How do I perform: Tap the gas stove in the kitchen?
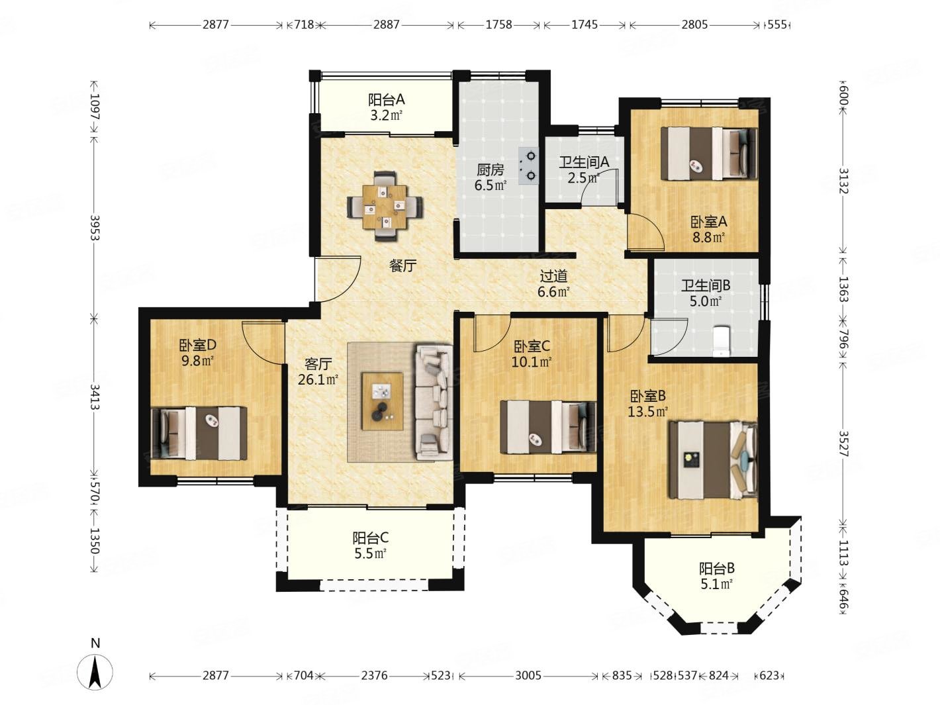point(527,165)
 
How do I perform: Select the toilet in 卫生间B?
point(720,341)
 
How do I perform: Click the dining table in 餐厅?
point(384,207)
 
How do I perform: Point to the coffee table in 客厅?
point(382,401)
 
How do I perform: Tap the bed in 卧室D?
point(199,433)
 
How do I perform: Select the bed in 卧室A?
point(708,153)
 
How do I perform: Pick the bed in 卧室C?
point(548,426)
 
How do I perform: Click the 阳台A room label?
point(387,100)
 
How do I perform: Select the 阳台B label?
point(717,569)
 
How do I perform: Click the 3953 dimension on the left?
point(95,227)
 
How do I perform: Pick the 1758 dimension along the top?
point(498,24)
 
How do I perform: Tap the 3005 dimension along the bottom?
point(528,675)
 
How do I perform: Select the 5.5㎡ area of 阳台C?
point(371,553)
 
